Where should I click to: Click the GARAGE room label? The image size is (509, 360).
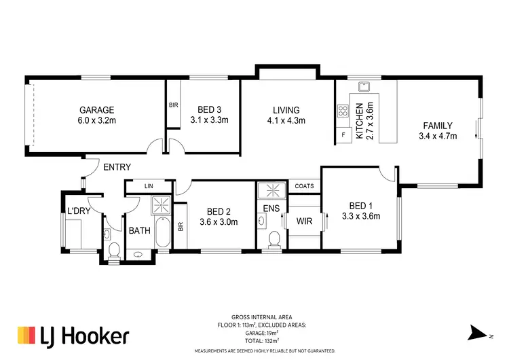click(x=96, y=110)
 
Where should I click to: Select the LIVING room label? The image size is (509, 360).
click(x=286, y=110)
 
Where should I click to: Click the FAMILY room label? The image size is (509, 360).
click(x=437, y=126)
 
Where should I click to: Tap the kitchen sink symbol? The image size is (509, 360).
click(x=364, y=87)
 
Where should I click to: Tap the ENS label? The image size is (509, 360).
click(x=271, y=209)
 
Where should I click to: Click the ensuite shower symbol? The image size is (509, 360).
click(x=273, y=190)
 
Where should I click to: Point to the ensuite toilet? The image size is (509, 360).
click(x=274, y=239)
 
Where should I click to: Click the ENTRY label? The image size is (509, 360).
click(x=117, y=167)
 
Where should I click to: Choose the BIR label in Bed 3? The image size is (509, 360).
click(x=173, y=105)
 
